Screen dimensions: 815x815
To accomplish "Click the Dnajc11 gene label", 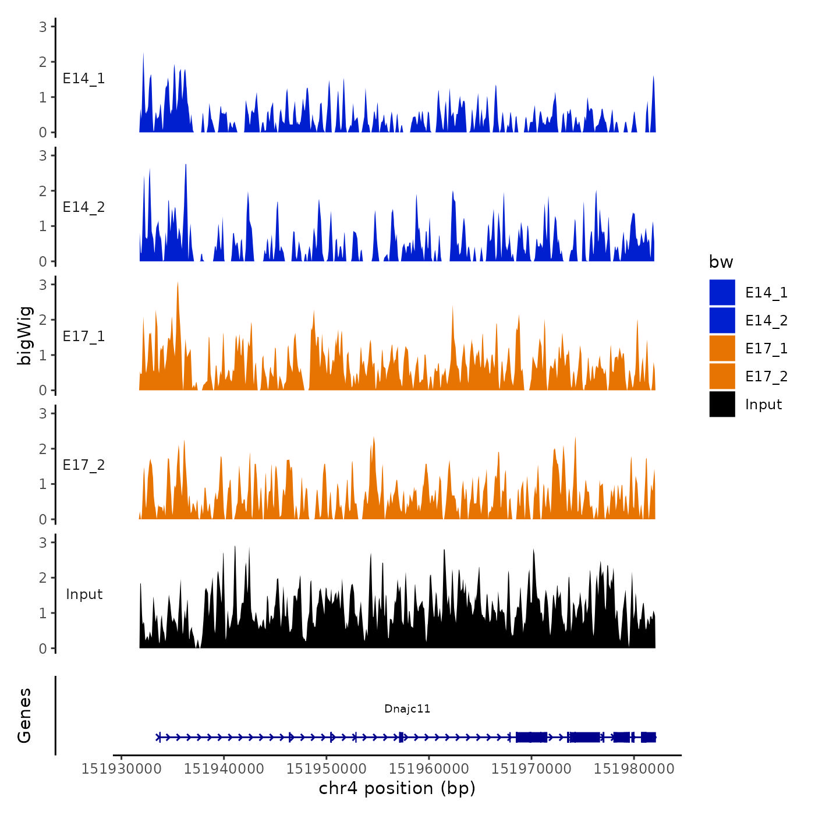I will (407, 708).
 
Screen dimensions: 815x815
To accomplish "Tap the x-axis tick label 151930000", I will (121, 768).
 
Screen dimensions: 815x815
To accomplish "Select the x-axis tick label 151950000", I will (326, 768).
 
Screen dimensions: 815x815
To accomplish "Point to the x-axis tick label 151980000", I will (634, 768).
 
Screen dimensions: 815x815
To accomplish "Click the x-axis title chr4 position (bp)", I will (397, 788).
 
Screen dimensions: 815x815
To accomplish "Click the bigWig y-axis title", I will (24, 336).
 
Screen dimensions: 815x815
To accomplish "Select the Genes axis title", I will (24, 715).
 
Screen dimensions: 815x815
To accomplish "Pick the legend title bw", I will (721, 262).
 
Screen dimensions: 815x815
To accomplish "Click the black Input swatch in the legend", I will (722, 404).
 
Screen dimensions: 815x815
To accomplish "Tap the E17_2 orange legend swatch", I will (722, 376).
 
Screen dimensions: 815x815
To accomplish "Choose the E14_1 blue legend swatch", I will (722, 292).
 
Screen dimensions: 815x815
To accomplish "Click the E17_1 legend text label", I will (766, 348).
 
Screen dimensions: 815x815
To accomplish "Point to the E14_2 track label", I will (84, 207).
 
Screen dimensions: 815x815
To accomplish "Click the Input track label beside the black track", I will (84, 594).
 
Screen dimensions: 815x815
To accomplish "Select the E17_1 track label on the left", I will (84, 336).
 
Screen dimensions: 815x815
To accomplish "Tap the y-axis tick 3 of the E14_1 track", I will (43, 26).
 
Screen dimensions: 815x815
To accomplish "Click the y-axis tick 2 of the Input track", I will (43, 577).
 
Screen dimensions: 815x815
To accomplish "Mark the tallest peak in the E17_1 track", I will (178, 284).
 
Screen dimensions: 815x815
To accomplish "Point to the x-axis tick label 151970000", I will (531, 768).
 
